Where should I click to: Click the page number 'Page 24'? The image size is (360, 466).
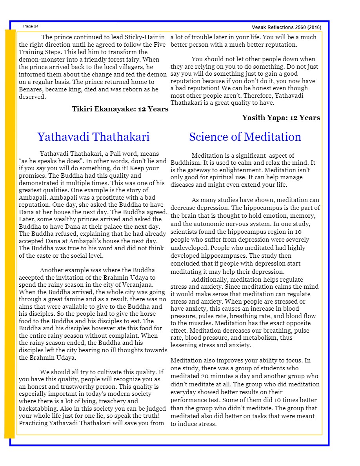[31, 26]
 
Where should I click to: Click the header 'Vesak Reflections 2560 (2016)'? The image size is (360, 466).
[286, 27]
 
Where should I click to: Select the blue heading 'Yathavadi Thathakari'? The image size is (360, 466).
[93, 137]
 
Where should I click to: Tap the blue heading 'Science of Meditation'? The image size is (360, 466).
[245, 137]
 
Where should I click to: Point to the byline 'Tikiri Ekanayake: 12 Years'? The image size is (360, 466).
[120, 109]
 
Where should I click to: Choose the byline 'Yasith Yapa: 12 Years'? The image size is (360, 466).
[281, 118]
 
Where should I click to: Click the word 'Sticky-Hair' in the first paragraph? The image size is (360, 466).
[127, 37]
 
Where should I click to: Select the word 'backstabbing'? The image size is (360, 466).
[38, 408]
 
